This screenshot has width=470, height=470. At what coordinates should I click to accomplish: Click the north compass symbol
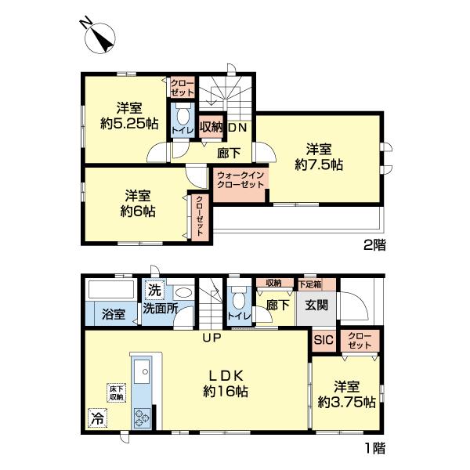pos(99,38)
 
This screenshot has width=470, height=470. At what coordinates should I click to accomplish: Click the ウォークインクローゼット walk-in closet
pos(240,185)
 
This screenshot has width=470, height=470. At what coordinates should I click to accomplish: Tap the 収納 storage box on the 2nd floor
pos(211,128)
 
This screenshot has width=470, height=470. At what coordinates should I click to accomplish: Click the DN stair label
pos(237,128)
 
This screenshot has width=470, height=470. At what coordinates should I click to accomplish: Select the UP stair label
pos(212,338)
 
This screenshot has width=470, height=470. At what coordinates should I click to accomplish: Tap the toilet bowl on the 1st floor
pos(239,298)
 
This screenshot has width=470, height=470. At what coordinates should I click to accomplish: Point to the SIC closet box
pos(324,341)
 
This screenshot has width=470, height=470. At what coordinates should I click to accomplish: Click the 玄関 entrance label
pos(316,305)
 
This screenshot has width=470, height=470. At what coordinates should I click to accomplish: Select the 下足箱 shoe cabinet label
pos(310,284)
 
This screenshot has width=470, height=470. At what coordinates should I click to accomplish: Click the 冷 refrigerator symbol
pos(97,418)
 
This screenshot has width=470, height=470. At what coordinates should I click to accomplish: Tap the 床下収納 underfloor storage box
pos(117,393)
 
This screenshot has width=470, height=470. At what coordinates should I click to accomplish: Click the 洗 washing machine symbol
pos(154,290)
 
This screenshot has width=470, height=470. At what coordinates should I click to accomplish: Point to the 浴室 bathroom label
pos(114,315)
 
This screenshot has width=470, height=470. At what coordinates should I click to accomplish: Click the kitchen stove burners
pos(142,418)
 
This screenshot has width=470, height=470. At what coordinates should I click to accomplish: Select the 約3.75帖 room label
pos(347,395)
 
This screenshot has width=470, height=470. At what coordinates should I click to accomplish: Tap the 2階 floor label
pos(374,245)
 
